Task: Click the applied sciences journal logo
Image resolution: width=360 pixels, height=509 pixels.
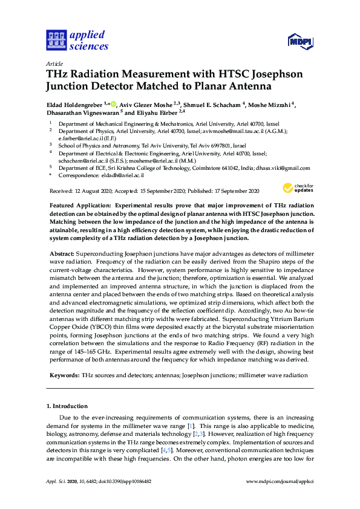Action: click(77, 41)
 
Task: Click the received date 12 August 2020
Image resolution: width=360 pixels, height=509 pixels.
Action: click(99, 191)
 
